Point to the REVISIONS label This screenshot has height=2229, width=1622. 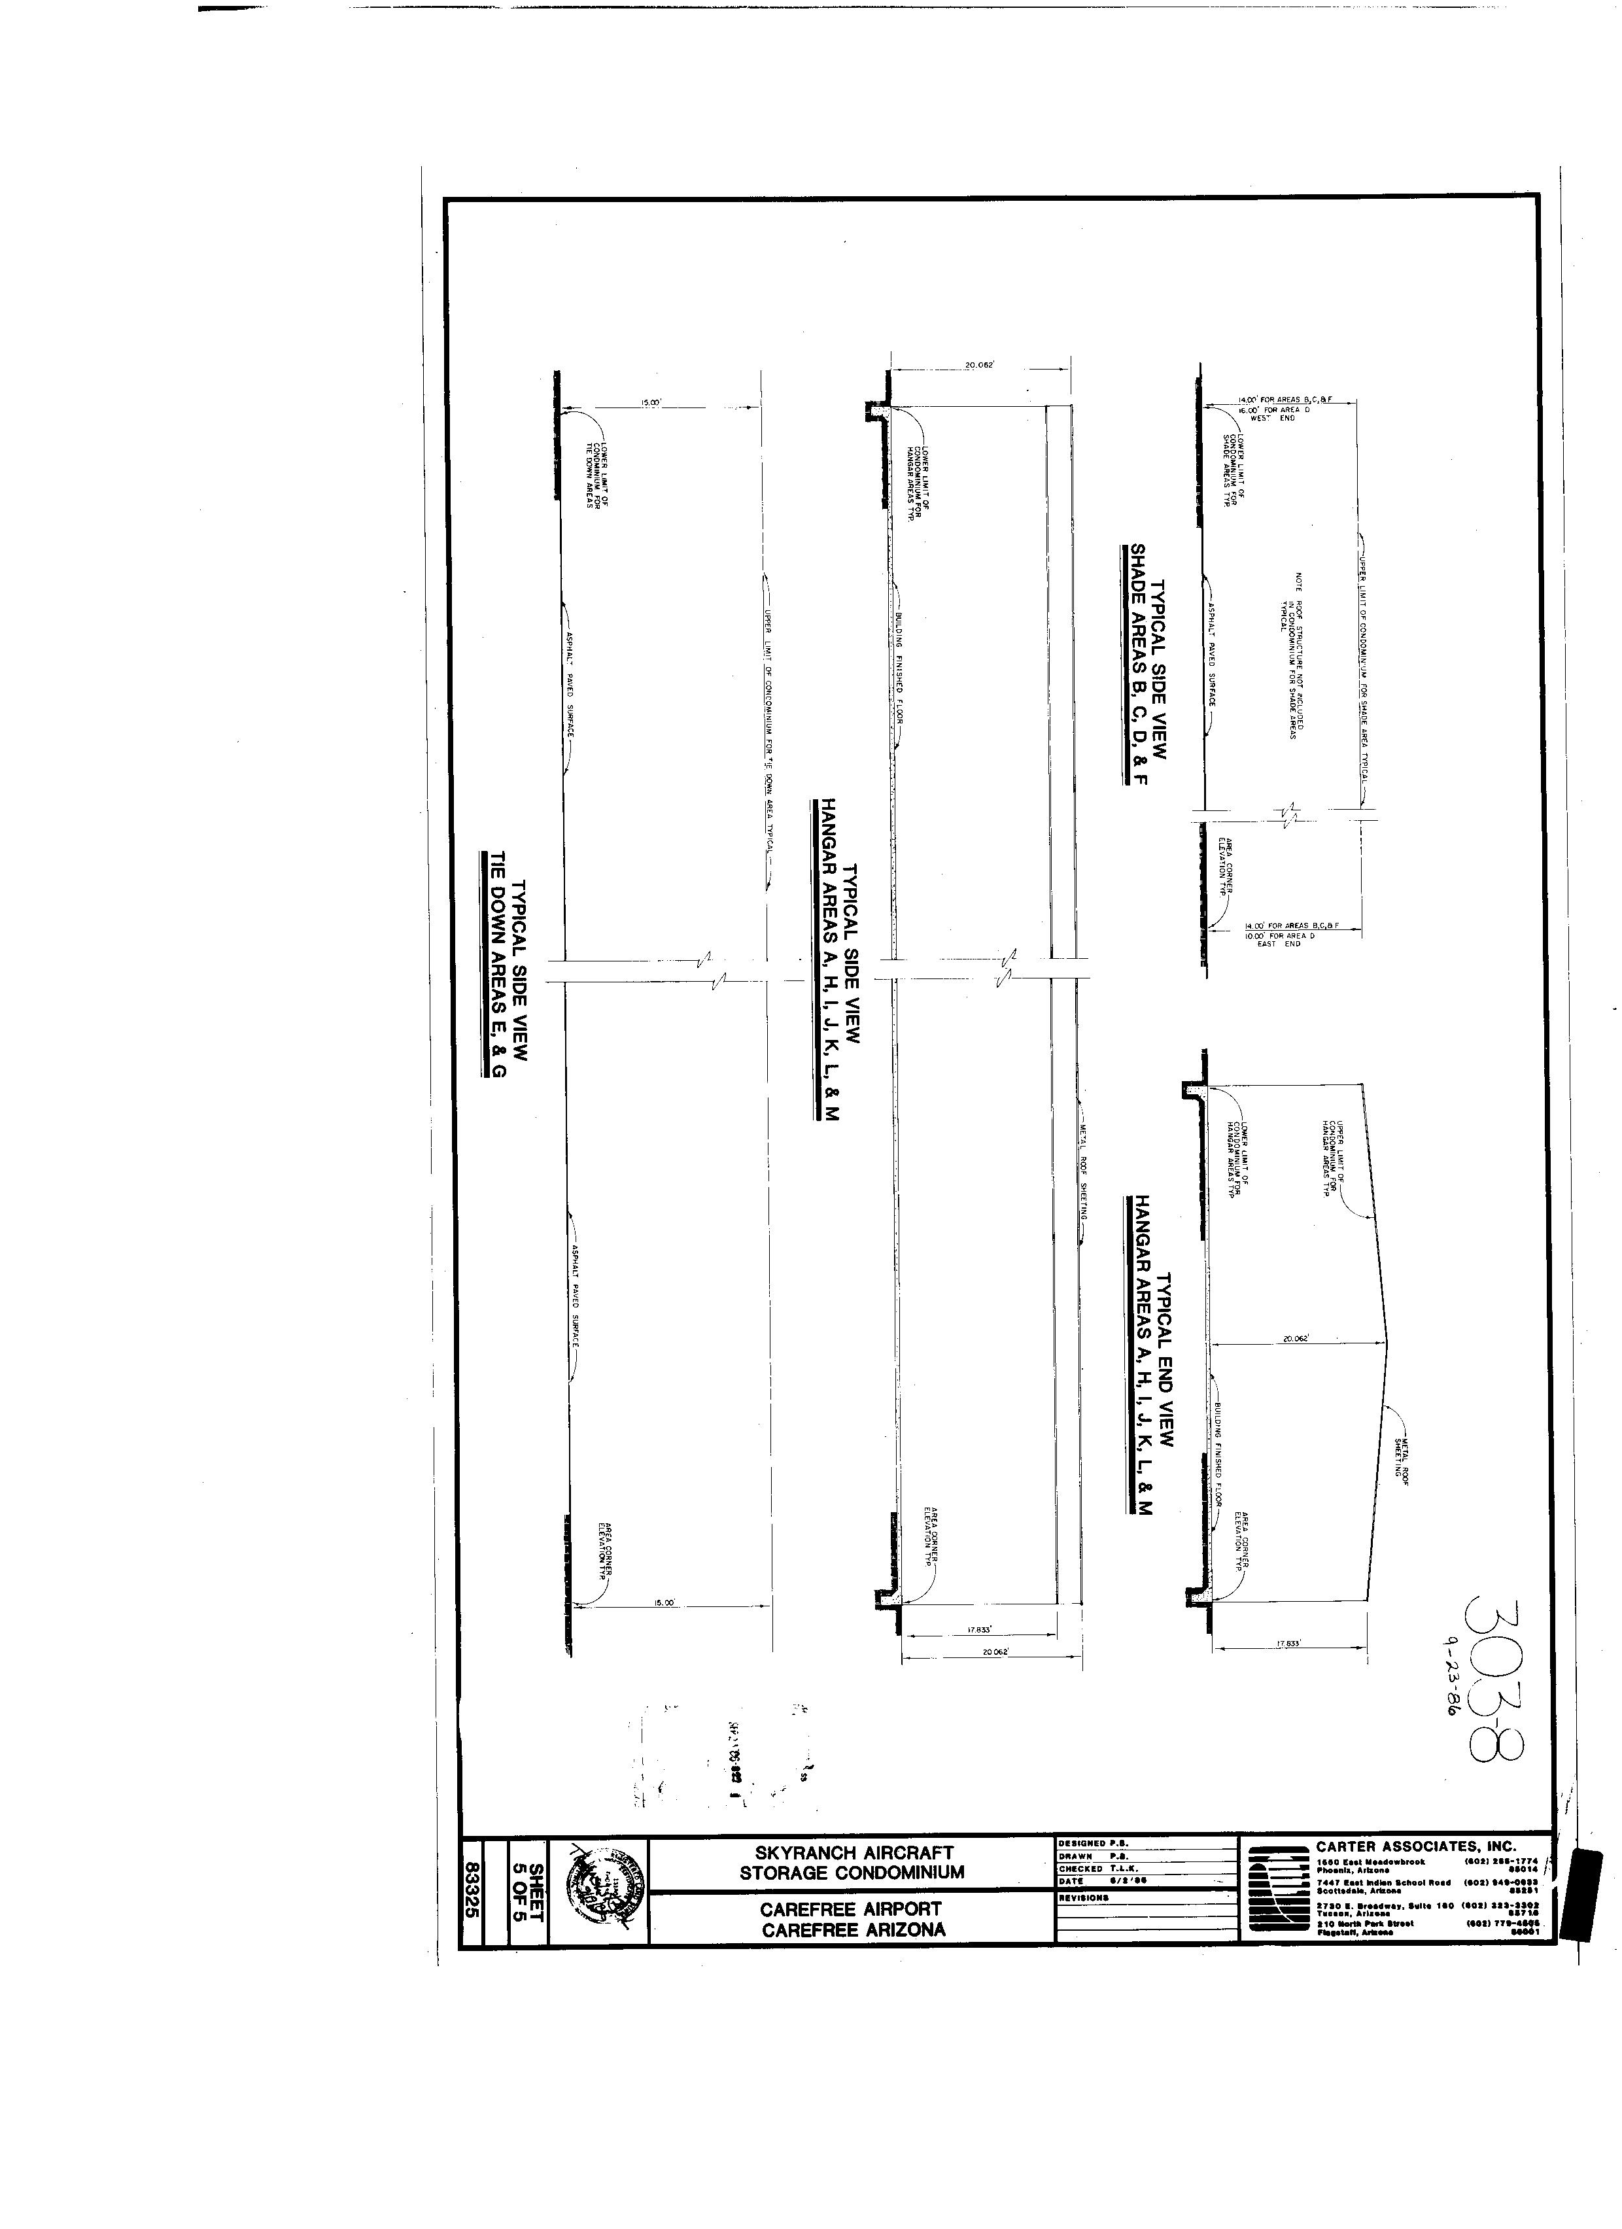point(1085,1898)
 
